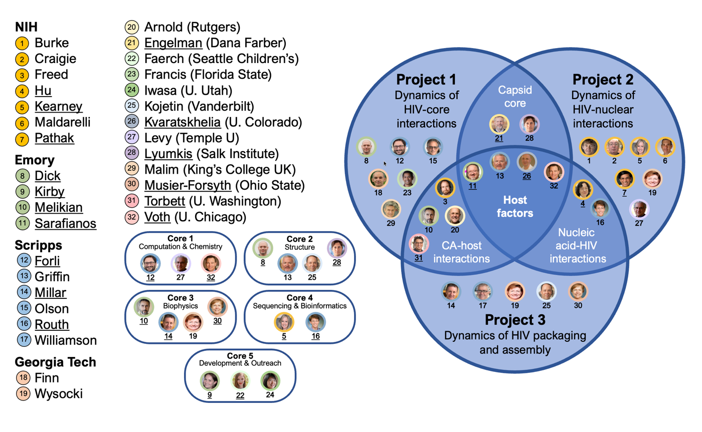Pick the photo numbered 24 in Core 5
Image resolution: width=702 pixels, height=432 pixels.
coord(269,380)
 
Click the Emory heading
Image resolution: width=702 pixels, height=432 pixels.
coord(35,161)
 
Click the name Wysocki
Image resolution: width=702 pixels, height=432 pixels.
coord(59,394)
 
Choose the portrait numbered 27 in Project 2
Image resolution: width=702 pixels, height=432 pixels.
coord(639,209)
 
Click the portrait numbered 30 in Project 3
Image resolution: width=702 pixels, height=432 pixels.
coord(577,291)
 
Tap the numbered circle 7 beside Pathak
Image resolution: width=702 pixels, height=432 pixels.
coord(22,139)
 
